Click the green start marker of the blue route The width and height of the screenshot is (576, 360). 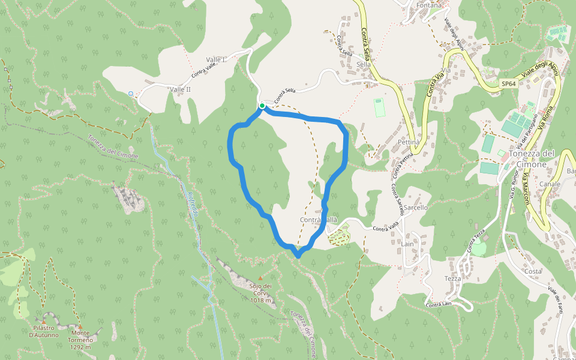tap(262, 106)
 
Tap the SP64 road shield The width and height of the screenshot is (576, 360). tap(508, 84)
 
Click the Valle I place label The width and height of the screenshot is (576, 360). tap(215, 59)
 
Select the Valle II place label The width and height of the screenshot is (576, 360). tap(180, 89)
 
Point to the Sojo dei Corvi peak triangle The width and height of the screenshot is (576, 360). tap(260, 278)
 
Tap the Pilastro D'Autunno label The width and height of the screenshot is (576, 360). tap(44, 331)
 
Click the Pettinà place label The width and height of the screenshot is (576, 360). tap(407, 142)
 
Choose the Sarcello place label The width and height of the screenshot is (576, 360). tap(416, 207)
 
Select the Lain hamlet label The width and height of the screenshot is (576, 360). tap(407, 244)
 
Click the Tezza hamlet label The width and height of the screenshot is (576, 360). tap(452, 278)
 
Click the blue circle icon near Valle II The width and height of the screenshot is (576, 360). tap(131, 94)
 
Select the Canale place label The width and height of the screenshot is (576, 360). tap(550, 184)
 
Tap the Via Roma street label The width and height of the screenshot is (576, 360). tap(547, 119)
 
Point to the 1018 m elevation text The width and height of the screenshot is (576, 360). tap(261, 300)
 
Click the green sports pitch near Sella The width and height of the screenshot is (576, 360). tap(379, 108)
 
